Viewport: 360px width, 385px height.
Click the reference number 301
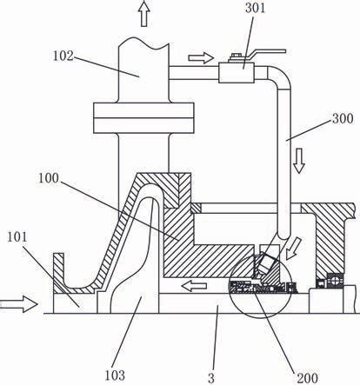tap(255, 8)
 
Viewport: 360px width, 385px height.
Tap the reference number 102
tap(63, 56)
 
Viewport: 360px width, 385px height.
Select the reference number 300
tap(343, 118)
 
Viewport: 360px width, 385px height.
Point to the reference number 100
tap(49, 178)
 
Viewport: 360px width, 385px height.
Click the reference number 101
tap(17, 237)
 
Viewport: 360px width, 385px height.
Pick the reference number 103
tap(115, 375)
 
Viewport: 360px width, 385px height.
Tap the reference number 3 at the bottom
tap(211, 378)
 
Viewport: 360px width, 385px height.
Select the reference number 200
tap(307, 378)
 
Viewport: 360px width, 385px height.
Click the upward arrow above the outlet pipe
tap(144, 13)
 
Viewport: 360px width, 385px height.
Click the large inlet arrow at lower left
tap(19, 304)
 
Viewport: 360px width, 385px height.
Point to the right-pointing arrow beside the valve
tap(201, 57)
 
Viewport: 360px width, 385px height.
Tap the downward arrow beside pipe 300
tap(299, 161)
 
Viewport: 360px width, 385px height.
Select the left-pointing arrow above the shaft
tap(194, 286)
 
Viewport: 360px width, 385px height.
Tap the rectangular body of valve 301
tap(237, 72)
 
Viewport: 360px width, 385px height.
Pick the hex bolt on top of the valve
tap(234, 57)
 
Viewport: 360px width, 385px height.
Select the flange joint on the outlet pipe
tap(143, 118)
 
